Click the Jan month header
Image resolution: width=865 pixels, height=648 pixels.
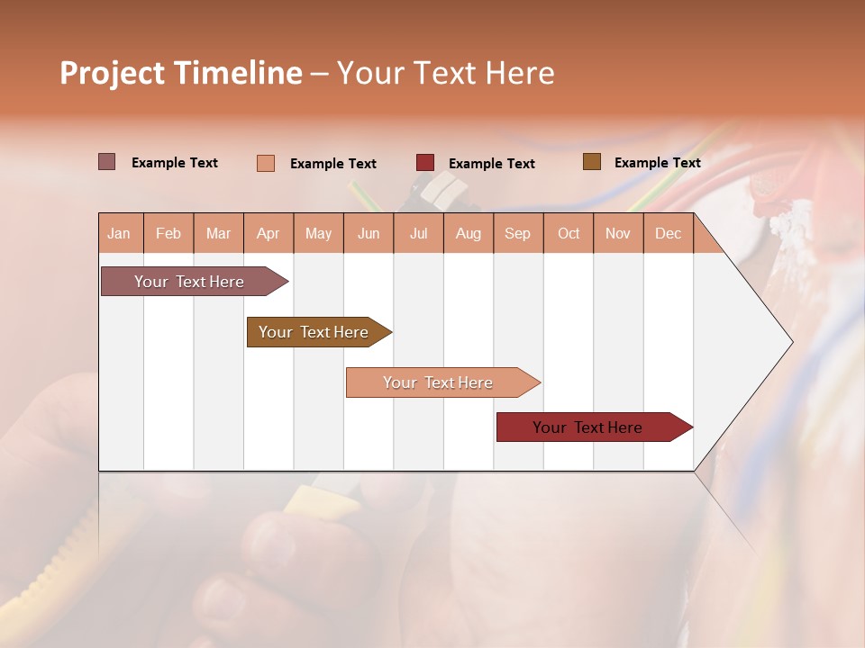[x=120, y=233]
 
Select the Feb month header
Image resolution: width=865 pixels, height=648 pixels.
[x=168, y=233]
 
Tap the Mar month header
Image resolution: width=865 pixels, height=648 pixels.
[x=218, y=233]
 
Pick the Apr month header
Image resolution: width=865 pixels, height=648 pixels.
[x=269, y=233]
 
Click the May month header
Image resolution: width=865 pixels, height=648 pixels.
[x=318, y=233]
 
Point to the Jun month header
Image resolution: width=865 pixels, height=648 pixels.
[x=369, y=233]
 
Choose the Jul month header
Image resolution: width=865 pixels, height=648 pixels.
[x=418, y=233]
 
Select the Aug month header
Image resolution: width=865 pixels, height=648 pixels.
[x=469, y=233]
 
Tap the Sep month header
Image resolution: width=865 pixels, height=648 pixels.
[x=518, y=233]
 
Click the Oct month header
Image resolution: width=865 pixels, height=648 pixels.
[x=569, y=233]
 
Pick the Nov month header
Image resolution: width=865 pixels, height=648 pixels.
[x=618, y=233]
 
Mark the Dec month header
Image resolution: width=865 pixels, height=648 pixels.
[x=669, y=233]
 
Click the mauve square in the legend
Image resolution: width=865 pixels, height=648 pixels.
[x=107, y=162]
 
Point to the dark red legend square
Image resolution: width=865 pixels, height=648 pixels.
[x=425, y=163]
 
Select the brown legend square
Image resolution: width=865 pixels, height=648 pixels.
[x=592, y=162]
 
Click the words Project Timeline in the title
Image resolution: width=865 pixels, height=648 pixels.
[x=181, y=73]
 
